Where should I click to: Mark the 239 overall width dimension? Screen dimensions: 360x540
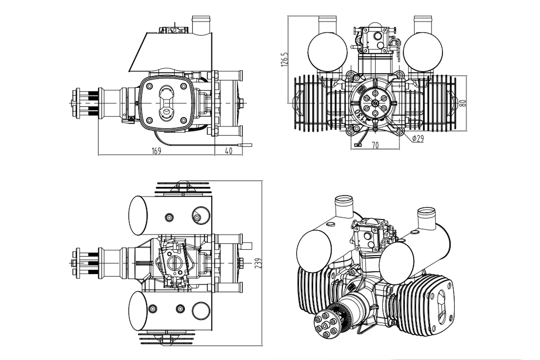pyautogui.click(x=258, y=264)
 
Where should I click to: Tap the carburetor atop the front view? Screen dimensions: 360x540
pyautogui.click(x=375, y=38)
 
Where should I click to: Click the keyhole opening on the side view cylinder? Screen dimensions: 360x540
pyautogui.click(x=166, y=102)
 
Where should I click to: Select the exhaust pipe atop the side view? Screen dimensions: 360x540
pyautogui.click(x=201, y=24)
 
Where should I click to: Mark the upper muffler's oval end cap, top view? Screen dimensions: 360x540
pyautogui.click(x=138, y=215)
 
